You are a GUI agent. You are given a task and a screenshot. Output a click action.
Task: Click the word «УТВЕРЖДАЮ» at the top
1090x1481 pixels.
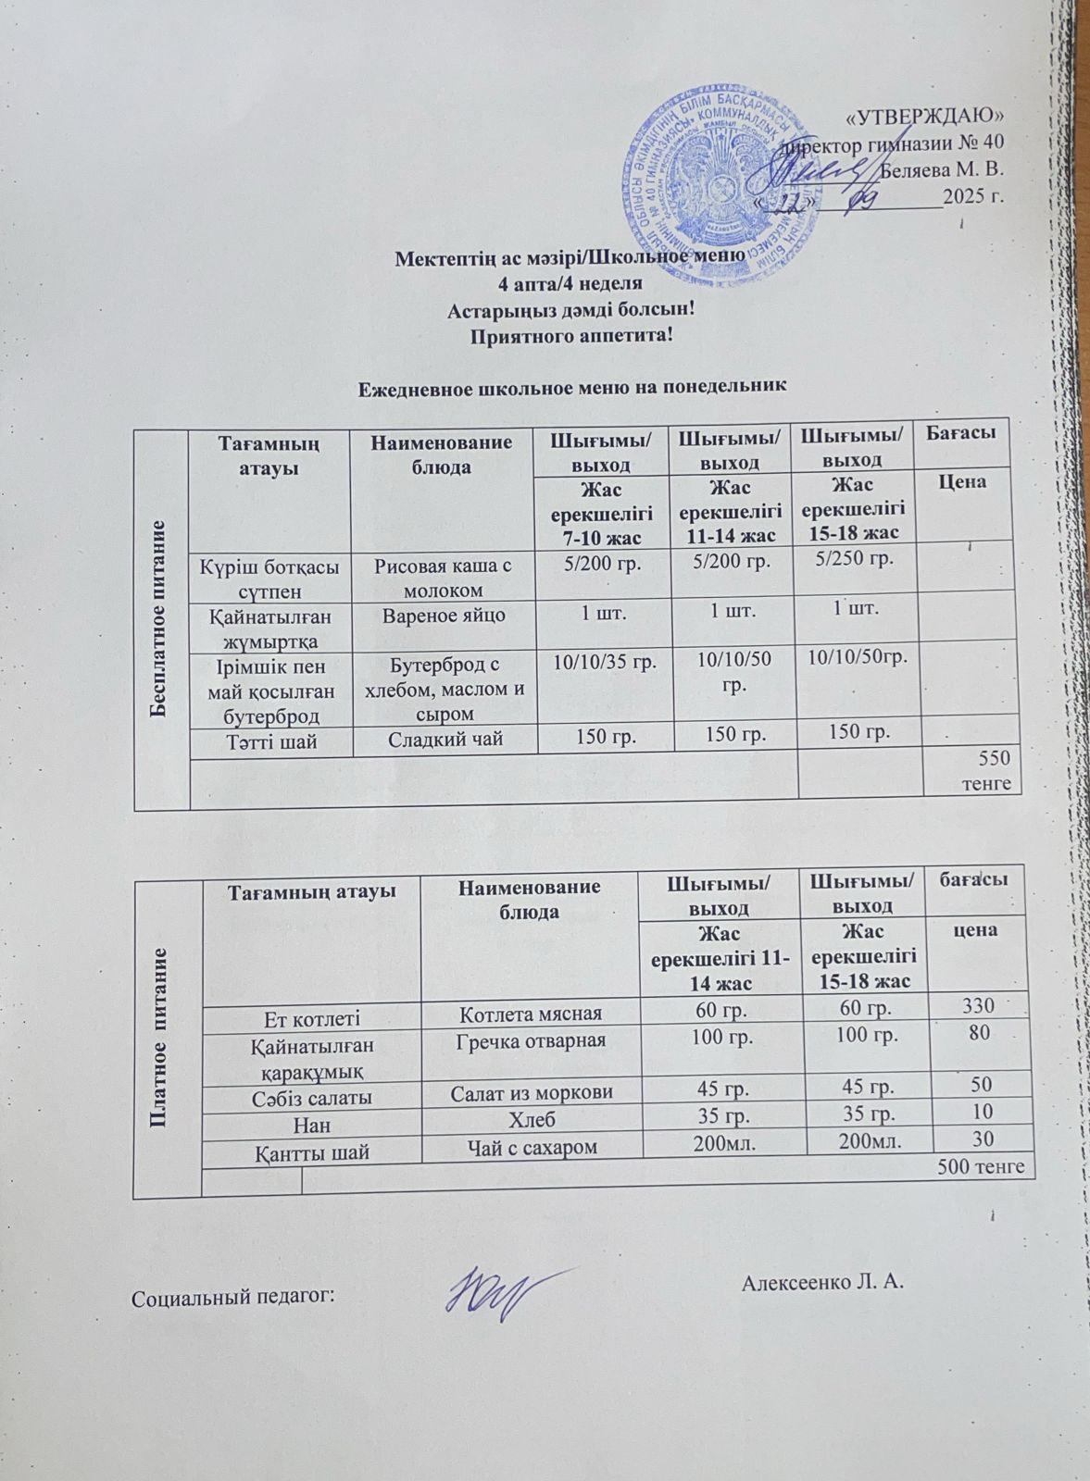(925, 116)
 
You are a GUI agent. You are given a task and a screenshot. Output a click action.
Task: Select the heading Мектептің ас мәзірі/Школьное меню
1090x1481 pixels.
(570, 256)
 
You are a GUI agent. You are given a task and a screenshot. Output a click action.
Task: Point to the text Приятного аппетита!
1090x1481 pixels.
(571, 335)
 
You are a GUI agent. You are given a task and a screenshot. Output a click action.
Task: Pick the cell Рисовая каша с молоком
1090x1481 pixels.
(442, 577)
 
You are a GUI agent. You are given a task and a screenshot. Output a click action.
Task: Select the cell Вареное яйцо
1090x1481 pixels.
(442, 615)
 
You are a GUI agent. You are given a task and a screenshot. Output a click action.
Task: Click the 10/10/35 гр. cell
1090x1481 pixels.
(605, 663)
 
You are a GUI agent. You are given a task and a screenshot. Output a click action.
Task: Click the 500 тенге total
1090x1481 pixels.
(981, 1167)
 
